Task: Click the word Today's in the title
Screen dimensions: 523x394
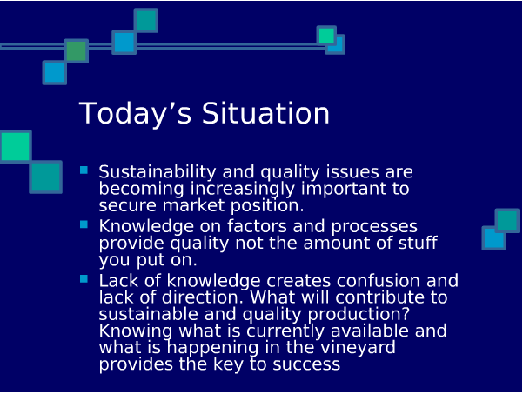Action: point(135,114)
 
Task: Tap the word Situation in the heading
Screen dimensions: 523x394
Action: point(265,113)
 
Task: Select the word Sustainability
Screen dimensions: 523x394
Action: point(158,172)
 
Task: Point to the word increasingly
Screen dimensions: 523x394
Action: point(243,189)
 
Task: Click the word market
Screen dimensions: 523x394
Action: point(193,205)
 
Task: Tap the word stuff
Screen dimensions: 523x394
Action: point(418,243)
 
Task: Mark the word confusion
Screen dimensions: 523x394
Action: point(378,281)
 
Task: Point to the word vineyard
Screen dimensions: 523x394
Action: point(358,348)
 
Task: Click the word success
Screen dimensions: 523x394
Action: point(306,364)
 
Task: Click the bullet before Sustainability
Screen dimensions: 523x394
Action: point(84,170)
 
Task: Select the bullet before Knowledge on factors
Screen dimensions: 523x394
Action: point(84,224)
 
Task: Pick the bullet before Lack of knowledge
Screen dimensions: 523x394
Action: point(84,279)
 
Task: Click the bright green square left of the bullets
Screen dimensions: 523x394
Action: point(16,147)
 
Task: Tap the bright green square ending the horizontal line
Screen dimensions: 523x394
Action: point(326,36)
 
